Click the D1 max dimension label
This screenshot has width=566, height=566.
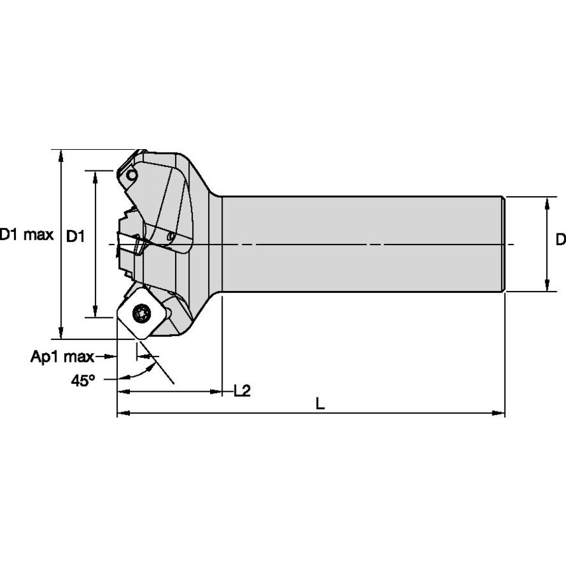[27, 235]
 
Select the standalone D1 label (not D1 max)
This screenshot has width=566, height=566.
[76, 235]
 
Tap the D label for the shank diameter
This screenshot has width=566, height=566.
[560, 239]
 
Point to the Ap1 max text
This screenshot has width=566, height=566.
[62, 357]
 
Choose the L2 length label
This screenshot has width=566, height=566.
[242, 391]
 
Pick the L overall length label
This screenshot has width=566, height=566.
[319, 403]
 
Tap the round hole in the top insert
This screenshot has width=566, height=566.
[133, 175]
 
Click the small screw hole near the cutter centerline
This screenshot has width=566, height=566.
[171, 236]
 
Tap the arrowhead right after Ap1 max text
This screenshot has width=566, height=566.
[113, 357]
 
